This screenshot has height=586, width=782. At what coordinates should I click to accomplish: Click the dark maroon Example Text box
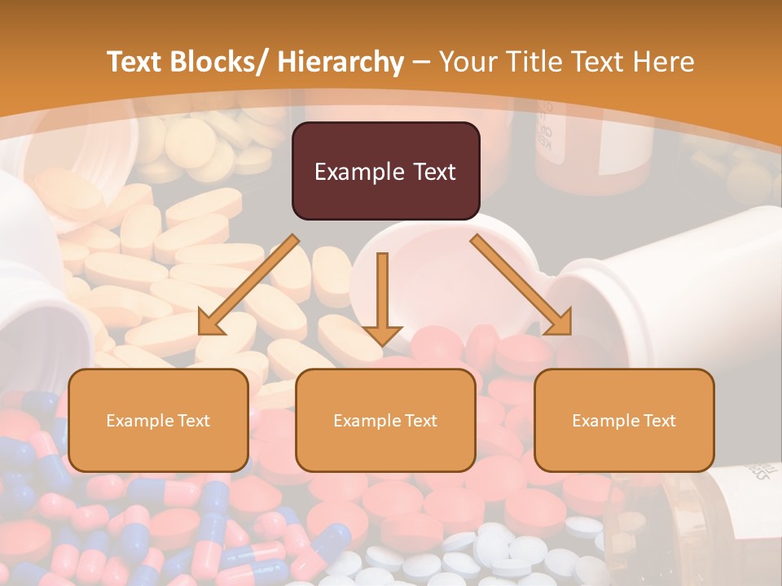coord(385,171)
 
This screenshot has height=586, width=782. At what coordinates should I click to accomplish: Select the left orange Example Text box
coord(158,420)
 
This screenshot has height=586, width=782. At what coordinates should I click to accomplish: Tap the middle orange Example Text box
coord(385,420)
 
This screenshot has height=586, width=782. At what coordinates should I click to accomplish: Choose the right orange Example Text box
coord(624,420)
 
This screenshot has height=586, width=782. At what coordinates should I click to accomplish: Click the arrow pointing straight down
coord(382,297)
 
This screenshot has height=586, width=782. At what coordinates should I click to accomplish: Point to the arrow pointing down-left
coord(248,285)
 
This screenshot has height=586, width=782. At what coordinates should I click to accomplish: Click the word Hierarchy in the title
coord(340,62)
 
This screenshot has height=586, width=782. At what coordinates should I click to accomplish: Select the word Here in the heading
coord(667,62)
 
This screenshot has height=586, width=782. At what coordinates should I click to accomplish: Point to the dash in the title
coord(421,62)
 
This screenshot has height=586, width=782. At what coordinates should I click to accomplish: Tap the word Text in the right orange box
coord(658,420)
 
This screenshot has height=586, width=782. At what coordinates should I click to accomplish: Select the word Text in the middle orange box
coord(420,420)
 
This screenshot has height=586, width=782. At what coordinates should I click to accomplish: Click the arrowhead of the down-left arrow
coord(210,323)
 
